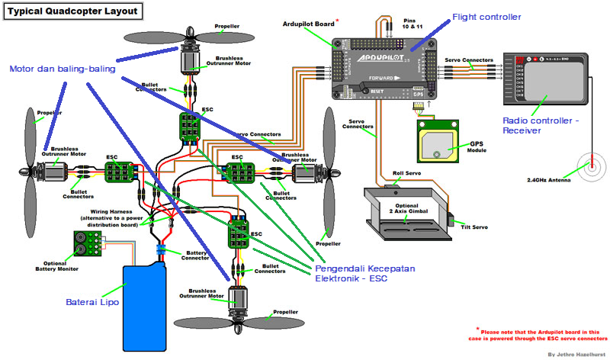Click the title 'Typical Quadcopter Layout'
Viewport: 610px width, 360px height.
click(73, 12)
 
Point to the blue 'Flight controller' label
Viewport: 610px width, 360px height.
click(486, 17)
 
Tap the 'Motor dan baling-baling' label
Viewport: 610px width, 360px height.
click(62, 69)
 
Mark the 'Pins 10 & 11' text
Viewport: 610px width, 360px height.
click(410, 23)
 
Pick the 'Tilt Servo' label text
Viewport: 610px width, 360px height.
click(475, 227)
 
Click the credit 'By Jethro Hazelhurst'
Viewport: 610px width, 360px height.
click(576, 354)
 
